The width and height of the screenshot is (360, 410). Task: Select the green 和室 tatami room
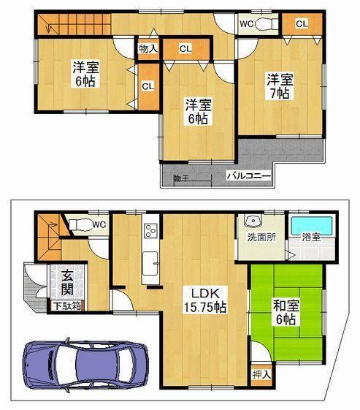(x=286, y=312)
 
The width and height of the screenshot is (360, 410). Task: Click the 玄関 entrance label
(x=66, y=282)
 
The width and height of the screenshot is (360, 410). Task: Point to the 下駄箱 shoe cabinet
(x=65, y=306)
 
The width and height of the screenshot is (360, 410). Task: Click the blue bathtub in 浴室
(x=311, y=224)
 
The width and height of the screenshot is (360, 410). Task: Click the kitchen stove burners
(x=150, y=231)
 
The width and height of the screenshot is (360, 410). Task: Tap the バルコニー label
(x=248, y=175)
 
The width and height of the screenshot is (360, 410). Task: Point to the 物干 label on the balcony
(x=180, y=178)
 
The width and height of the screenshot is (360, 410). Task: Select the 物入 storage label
(x=148, y=49)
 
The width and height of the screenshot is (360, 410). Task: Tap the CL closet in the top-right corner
(x=300, y=24)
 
